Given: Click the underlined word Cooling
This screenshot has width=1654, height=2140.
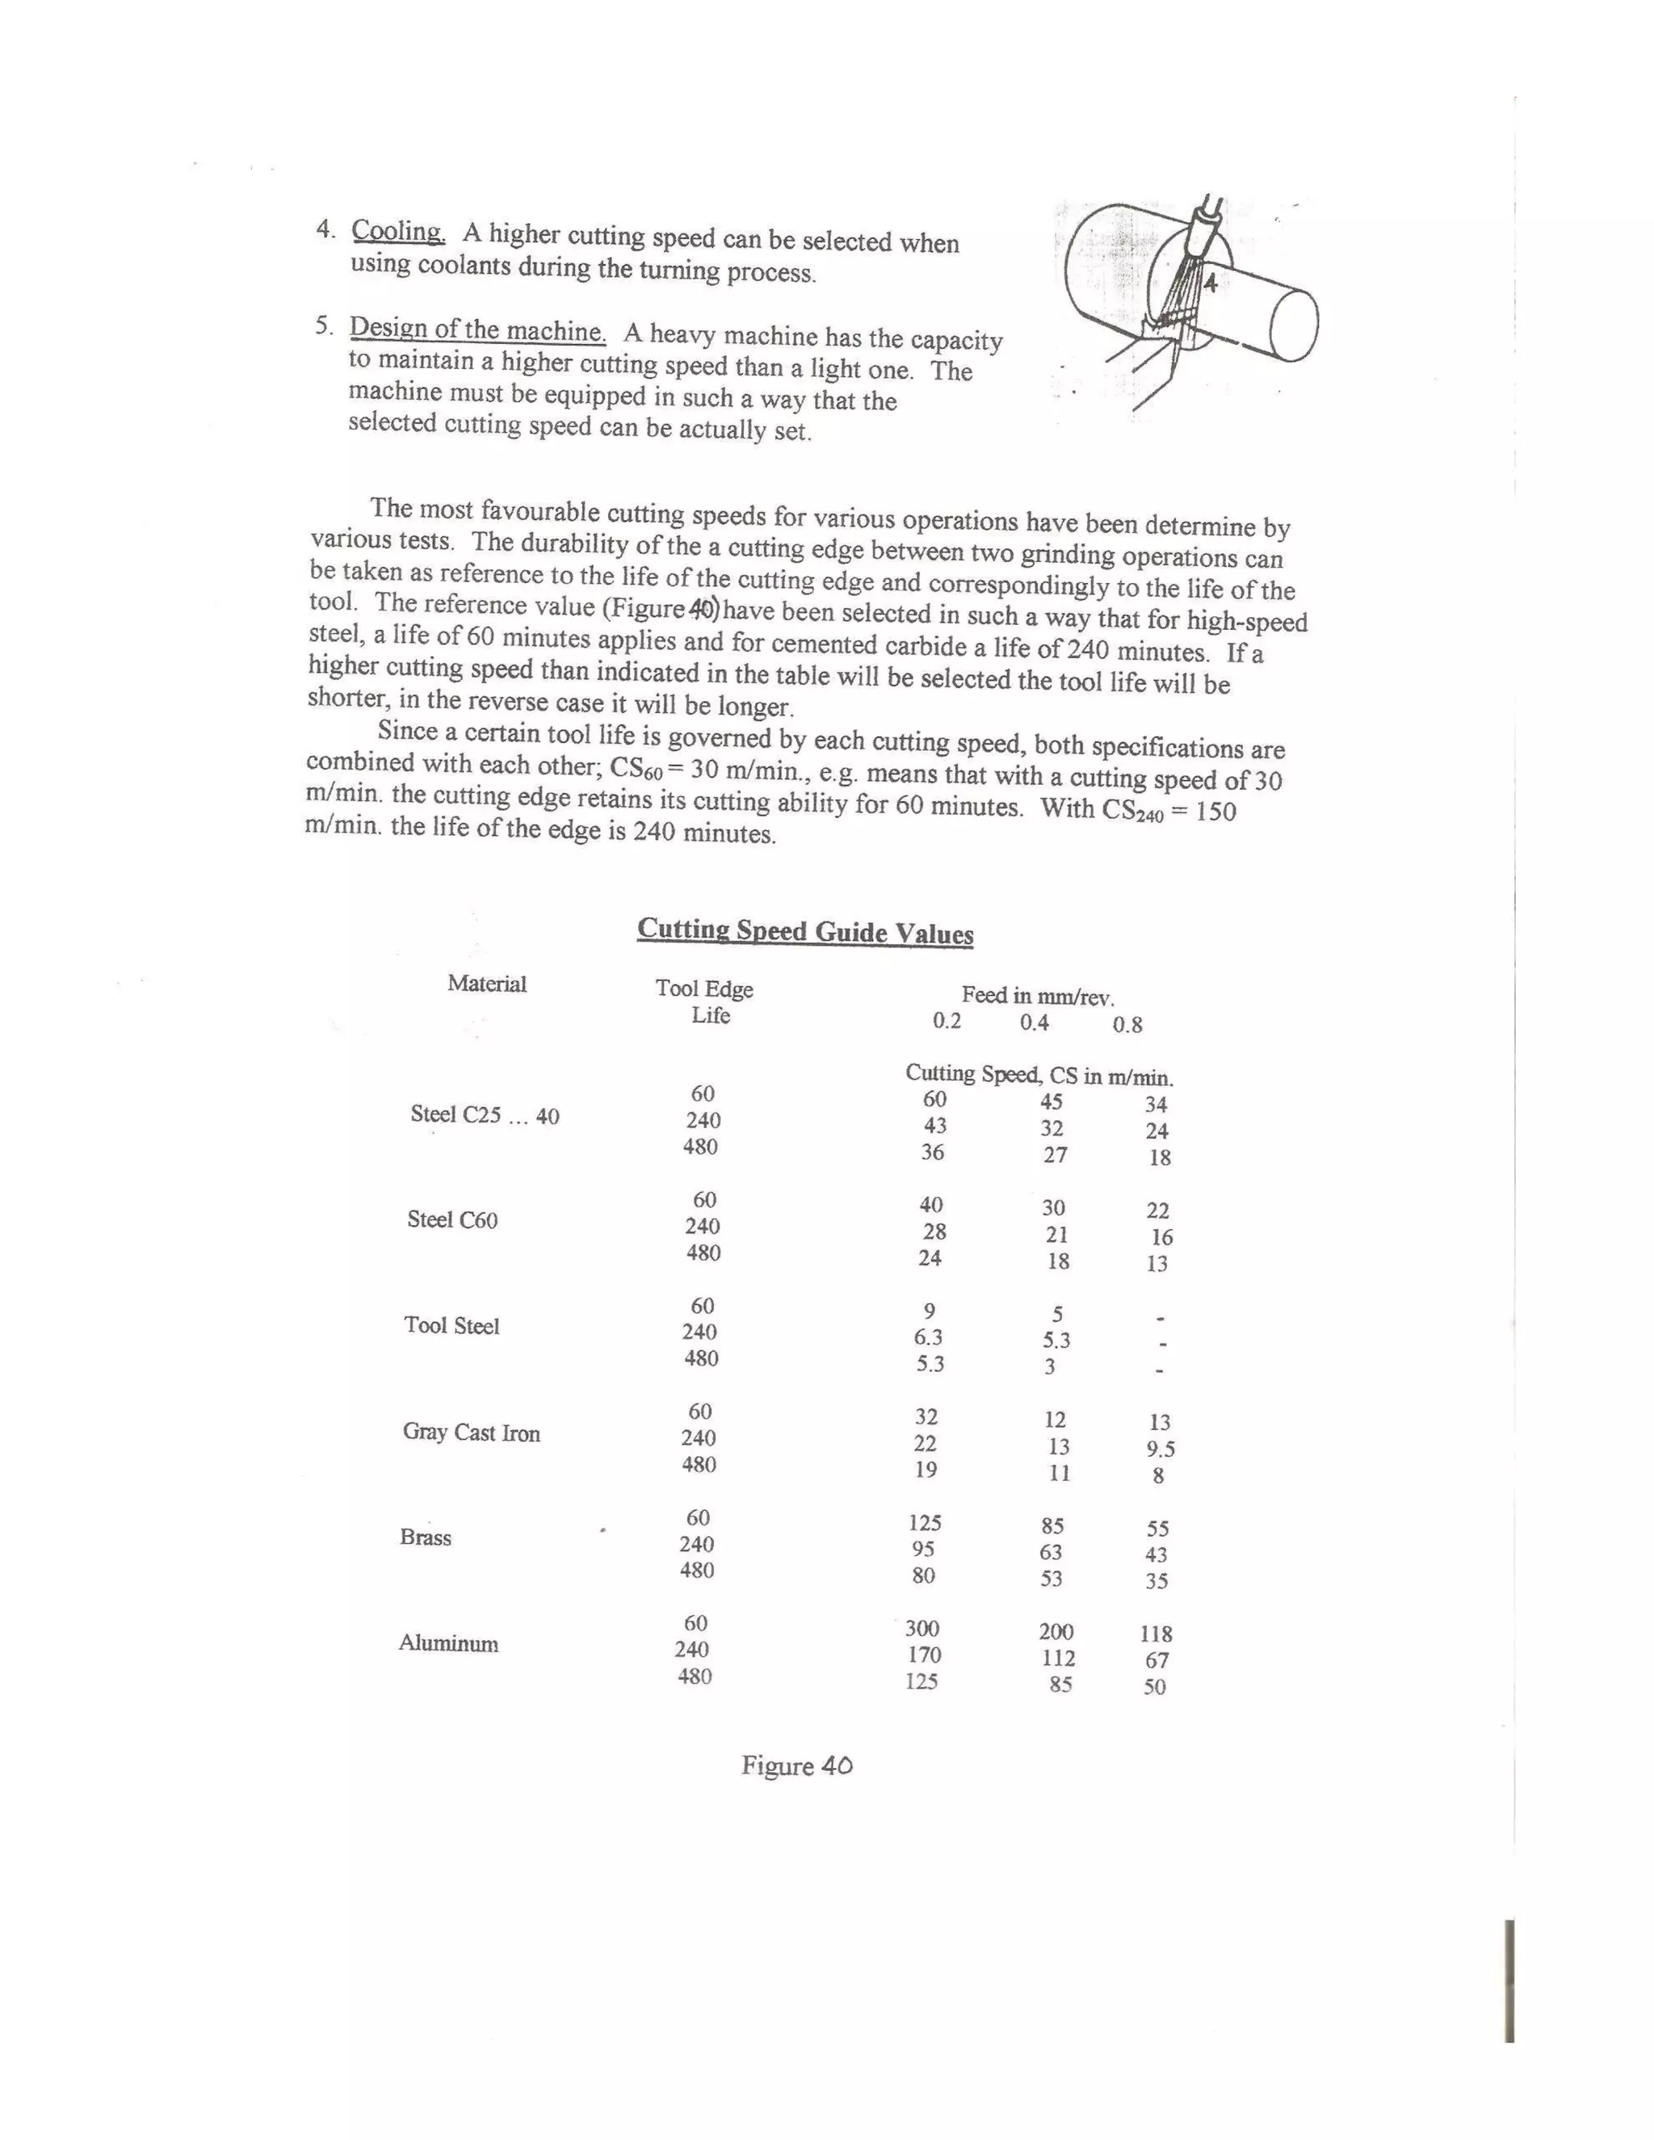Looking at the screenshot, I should click(398, 233).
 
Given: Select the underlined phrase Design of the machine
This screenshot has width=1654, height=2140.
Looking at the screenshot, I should click(477, 329).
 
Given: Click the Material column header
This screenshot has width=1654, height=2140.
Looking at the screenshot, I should click(487, 984).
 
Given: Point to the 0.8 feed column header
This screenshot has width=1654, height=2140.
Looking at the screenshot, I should click(1127, 1025).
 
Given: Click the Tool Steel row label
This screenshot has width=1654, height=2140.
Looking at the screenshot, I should click(451, 1326).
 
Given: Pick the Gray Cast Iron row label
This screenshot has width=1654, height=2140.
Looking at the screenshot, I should click(472, 1433).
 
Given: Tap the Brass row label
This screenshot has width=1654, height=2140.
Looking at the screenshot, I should click(426, 1538).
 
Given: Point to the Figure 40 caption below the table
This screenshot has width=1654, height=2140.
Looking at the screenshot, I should click(796, 1765).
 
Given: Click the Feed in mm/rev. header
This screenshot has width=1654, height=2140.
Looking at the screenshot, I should click(1038, 997).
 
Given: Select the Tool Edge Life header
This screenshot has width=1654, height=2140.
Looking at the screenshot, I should click(704, 1001).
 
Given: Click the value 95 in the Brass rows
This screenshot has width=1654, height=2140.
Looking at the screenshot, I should click(923, 1549).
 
